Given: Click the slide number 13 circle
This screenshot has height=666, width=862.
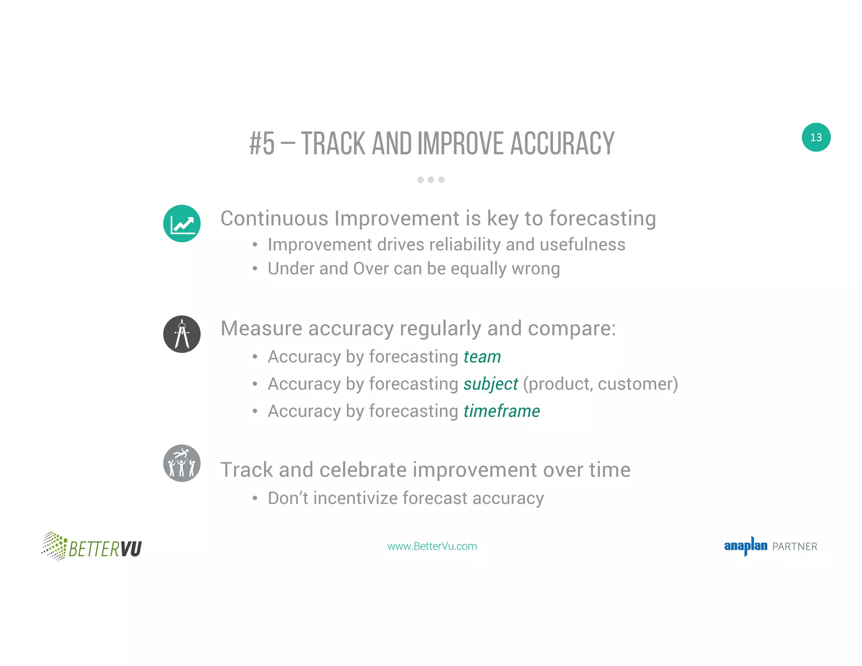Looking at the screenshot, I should pyautogui.click(x=816, y=137).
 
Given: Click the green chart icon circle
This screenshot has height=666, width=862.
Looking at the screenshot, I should pyautogui.click(x=182, y=224).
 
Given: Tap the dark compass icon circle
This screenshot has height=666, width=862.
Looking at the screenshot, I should pyautogui.click(x=182, y=334).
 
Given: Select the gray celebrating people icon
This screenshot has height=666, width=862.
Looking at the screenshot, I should pyautogui.click(x=182, y=463).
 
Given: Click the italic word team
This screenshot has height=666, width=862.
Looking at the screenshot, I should pyautogui.click(x=482, y=357).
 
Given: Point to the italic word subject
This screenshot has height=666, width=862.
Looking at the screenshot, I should pyautogui.click(x=490, y=384).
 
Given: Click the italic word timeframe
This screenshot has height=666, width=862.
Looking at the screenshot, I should pyautogui.click(x=501, y=411).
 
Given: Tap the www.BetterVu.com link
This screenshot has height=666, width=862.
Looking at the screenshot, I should pyautogui.click(x=432, y=546).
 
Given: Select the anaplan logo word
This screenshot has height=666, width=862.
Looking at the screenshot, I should pyautogui.click(x=745, y=546).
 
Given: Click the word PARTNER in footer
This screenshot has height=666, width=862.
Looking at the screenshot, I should pyautogui.click(x=795, y=547).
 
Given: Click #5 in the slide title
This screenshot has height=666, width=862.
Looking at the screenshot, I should pyautogui.click(x=262, y=144).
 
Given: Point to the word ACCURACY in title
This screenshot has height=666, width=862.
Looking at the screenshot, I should pyautogui.click(x=562, y=144).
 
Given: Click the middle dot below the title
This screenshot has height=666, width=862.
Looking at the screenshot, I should pyautogui.click(x=431, y=180).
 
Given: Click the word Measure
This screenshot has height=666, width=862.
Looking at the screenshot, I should pyautogui.click(x=261, y=328).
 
